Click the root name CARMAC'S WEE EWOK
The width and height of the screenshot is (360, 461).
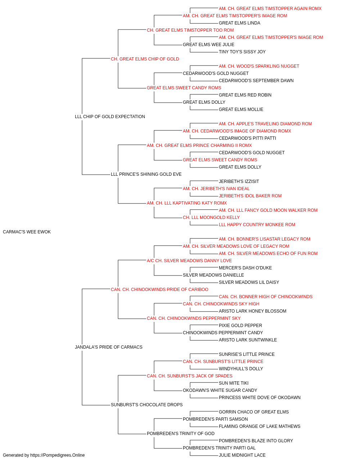[x=27, y=232]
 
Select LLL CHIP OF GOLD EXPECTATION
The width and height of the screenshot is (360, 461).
[x=110, y=117]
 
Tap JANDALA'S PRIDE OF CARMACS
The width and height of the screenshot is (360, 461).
[x=109, y=347]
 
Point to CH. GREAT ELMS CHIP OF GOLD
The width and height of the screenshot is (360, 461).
[x=145, y=59]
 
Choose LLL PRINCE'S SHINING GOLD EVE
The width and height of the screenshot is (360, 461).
[x=146, y=174]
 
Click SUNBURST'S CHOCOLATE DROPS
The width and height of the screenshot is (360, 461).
[x=147, y=405]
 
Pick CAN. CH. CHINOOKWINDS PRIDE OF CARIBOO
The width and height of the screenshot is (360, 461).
[x=159, y=290]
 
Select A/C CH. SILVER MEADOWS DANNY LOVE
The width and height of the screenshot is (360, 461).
[x=189, y=261]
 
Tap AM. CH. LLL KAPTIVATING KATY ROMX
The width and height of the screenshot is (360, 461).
[x=187, y=203]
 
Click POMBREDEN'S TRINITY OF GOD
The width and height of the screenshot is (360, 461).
[x=181, y=434]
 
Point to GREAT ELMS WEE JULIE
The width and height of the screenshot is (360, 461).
[x=208, y=45]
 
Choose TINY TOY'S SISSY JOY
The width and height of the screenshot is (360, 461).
[x=242, y=52]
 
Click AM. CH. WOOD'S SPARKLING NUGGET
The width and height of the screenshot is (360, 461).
[x=259, y=66]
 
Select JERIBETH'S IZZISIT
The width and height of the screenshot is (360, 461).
[x=239, y=182]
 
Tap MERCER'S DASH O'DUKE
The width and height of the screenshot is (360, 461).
[x=245, y=268]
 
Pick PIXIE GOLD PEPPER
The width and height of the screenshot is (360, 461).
[x=240, y=326]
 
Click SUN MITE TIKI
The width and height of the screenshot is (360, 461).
[x=234, y=383]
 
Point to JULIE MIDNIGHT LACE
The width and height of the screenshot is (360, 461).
[x=242, y=455]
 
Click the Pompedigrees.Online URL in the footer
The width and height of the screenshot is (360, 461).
[x=58, y=455]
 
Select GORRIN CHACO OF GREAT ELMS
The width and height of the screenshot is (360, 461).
[x=254, y=412]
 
